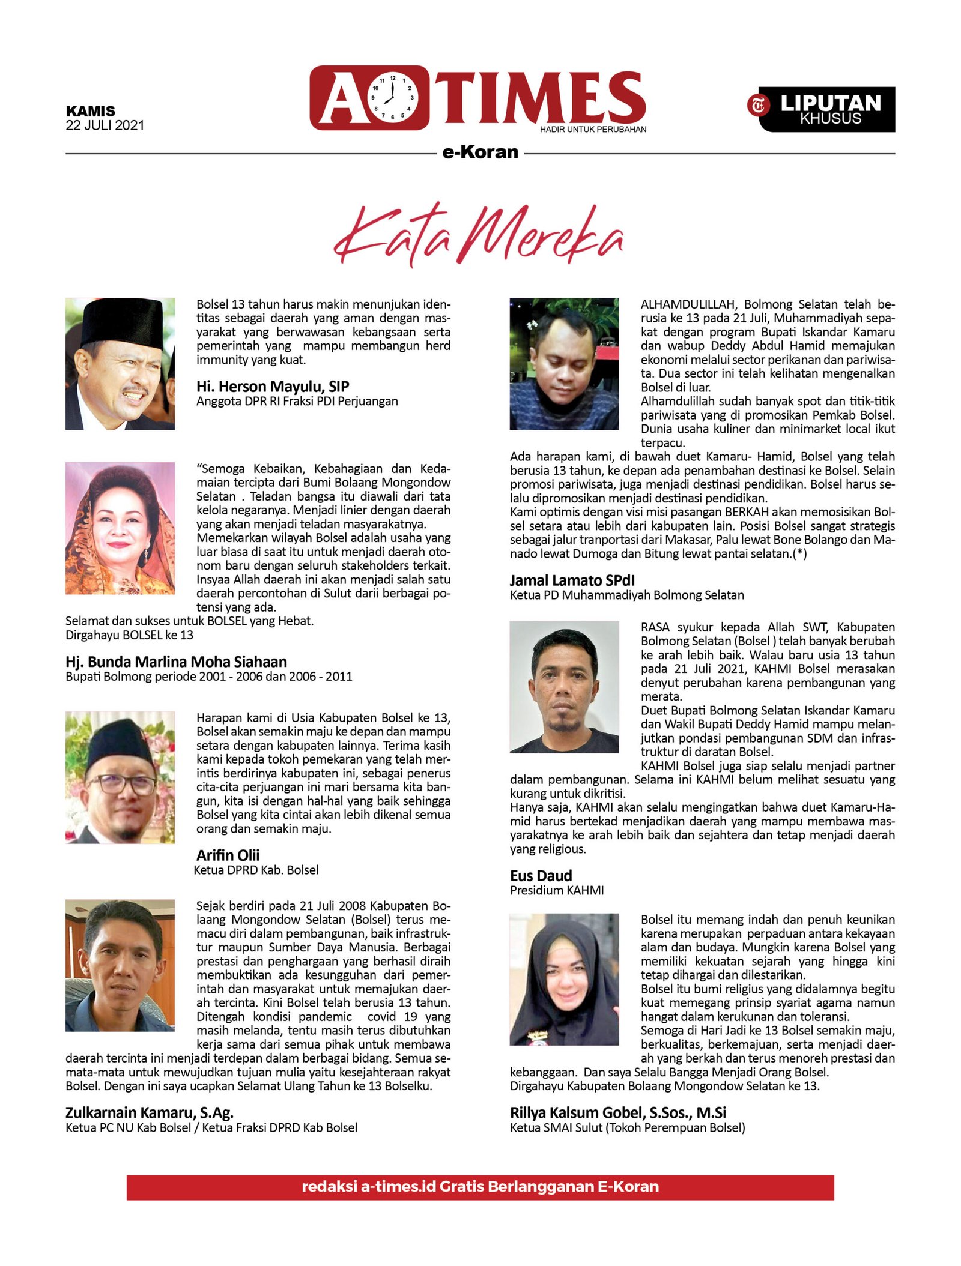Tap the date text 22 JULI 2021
105,125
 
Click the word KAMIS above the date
91,111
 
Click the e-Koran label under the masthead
480,152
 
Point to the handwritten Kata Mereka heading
479,235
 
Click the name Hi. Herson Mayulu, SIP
272,386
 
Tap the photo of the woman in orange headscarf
120,528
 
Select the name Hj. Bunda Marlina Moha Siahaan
176,662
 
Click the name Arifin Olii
228,855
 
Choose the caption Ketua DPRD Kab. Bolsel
256,870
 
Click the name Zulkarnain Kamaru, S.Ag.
149,1112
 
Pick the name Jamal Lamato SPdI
572,580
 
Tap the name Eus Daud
541,875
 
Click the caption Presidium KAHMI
557,890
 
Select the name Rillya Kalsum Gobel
617,1112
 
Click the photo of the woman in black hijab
564,979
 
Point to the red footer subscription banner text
480,1187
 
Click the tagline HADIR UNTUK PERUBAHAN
593,129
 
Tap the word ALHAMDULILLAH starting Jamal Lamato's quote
687,304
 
